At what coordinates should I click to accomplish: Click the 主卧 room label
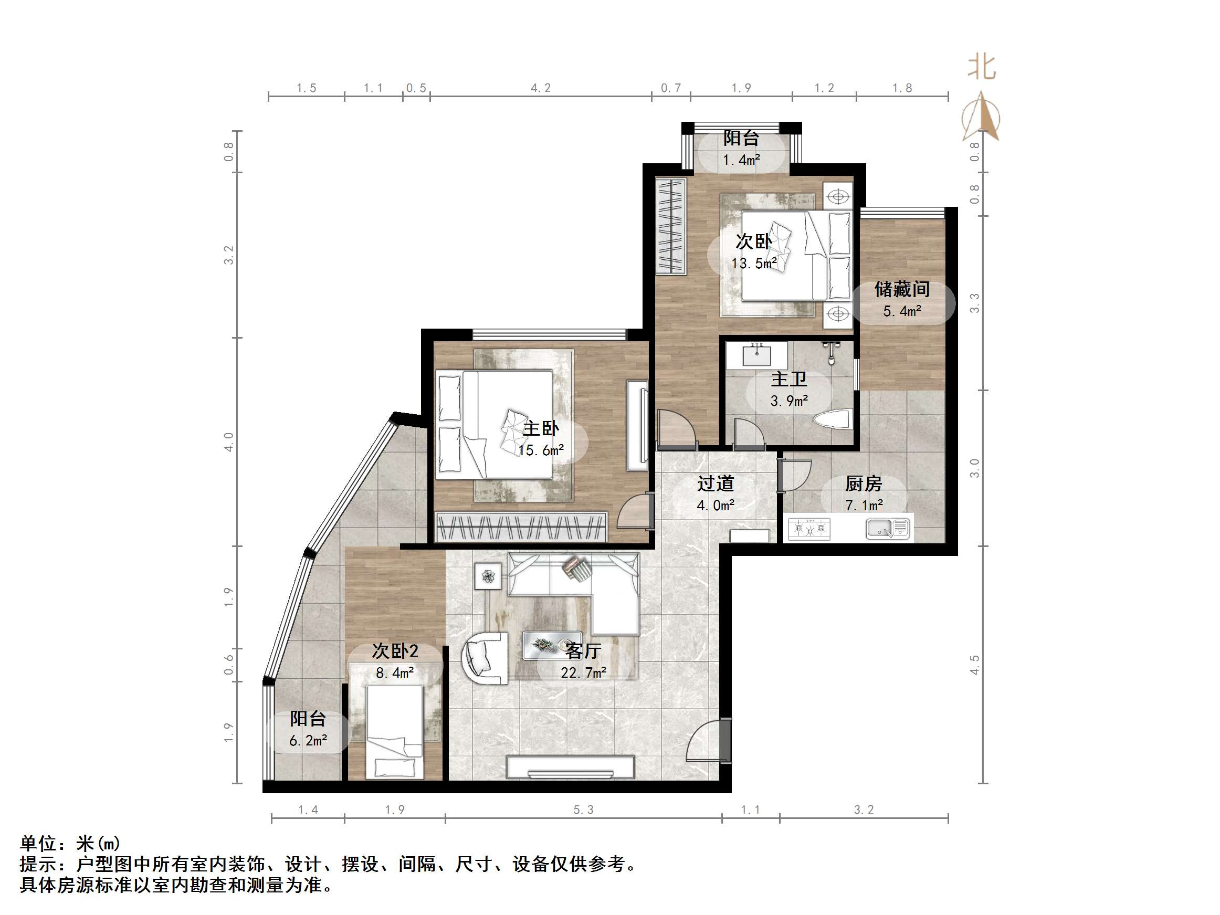[x=541, y=428]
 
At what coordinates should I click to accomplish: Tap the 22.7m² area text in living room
[x=584, y=673]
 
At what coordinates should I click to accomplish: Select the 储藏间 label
[x=902, y=289]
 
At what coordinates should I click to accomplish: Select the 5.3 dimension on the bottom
[x=584, y=809]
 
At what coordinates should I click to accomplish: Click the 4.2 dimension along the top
[x=541, y=88]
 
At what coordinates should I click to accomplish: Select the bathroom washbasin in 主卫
[x=756, y=355]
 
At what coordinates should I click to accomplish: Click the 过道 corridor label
[x=716, y=483]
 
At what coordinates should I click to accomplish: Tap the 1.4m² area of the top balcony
[x=742, y=160]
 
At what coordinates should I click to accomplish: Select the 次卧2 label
[x=395, y=651]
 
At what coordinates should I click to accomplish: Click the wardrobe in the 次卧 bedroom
[x=671, y=226]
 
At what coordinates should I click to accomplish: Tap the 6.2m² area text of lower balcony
[x=308, y=740]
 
